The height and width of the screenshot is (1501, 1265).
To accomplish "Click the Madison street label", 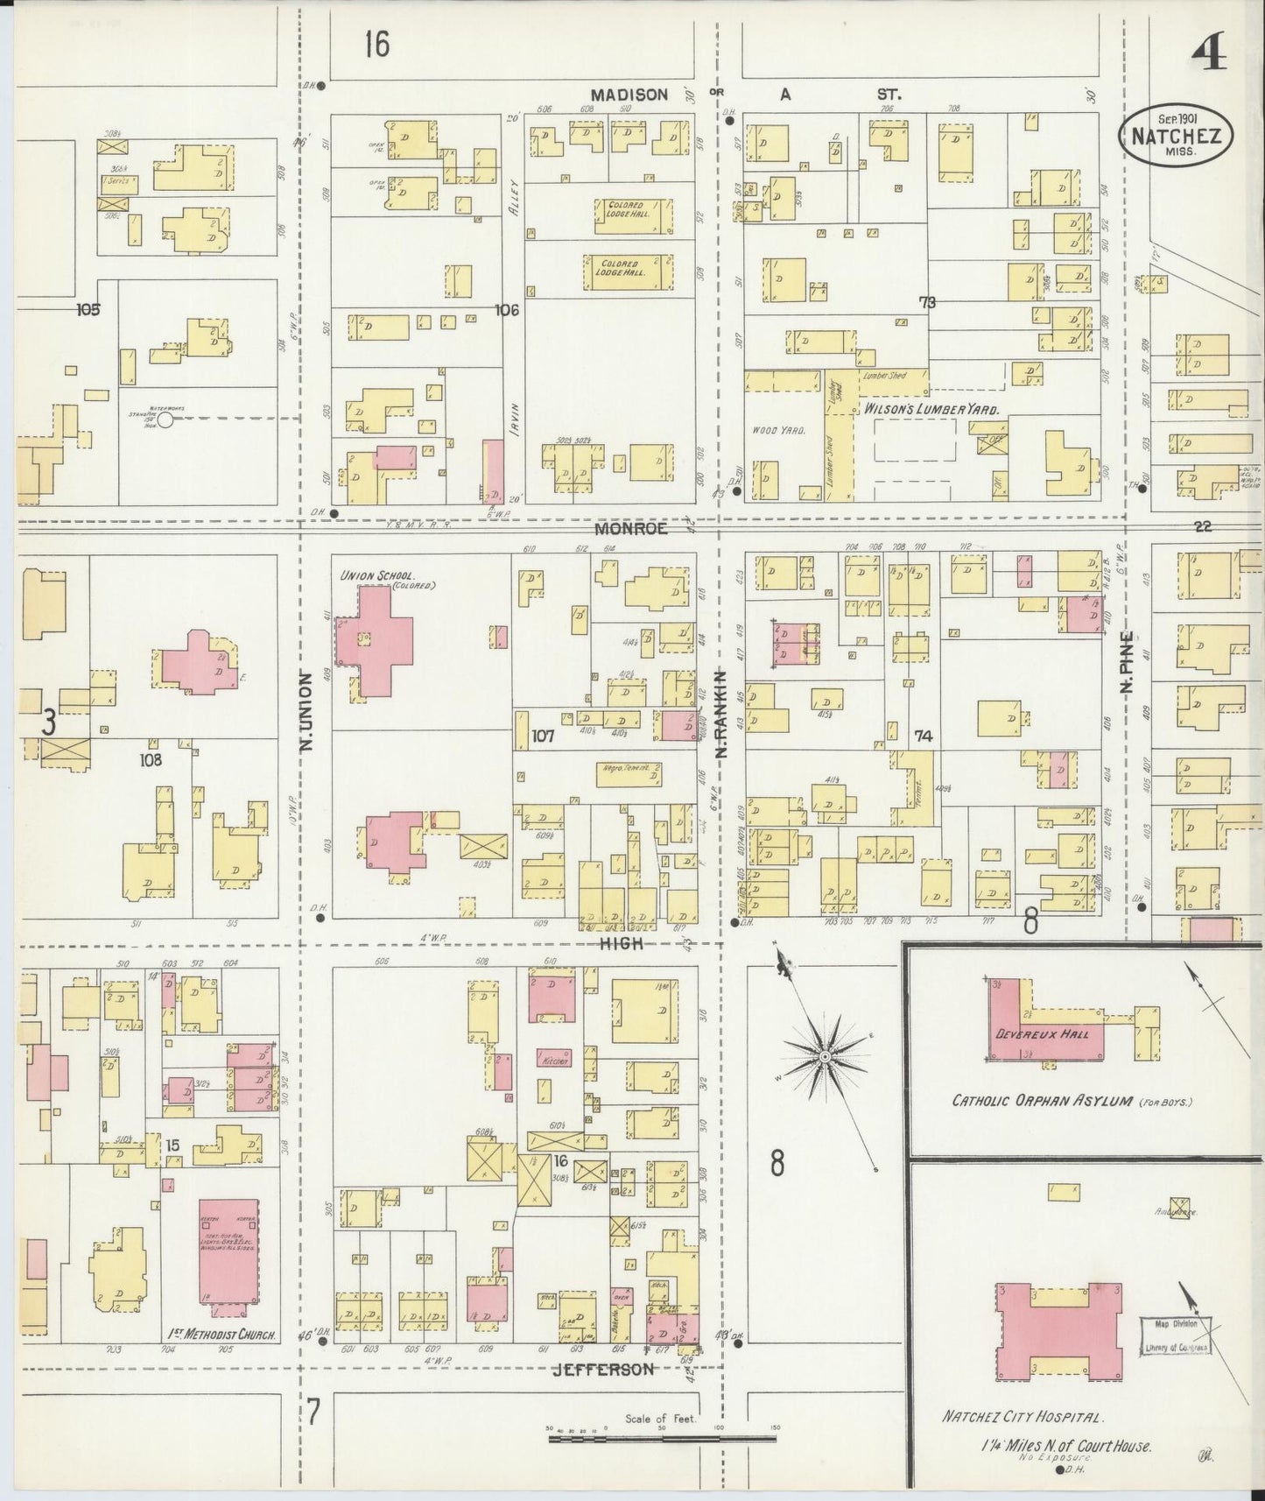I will coord(629,95).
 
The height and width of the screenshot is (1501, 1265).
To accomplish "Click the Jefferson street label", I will coord(602,1369).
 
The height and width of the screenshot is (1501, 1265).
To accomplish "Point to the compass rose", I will coord(824,1058).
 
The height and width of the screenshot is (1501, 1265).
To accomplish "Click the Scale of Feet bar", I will coord(661,1438).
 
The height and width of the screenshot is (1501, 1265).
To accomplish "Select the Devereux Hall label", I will coord(1042,1034).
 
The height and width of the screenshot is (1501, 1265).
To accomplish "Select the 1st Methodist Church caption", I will coord(221,1335).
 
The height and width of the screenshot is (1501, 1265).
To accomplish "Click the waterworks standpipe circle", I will coord(164,420).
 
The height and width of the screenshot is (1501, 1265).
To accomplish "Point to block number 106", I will coord(507,309).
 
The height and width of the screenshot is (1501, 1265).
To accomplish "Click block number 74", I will coord(923,736).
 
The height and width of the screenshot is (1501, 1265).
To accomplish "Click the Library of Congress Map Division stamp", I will coord(1176,1335).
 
